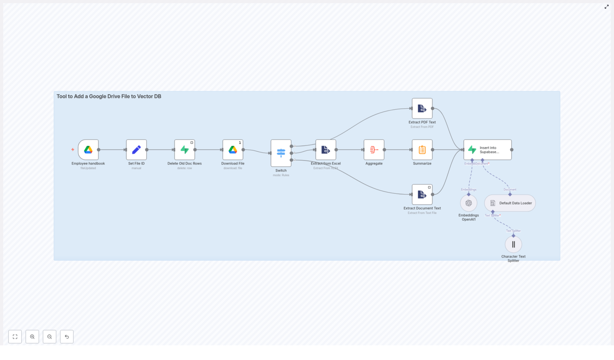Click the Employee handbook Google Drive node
tap(88, 150)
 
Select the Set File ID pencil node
tap(136, 150)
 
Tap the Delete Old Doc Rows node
tap(185, 150)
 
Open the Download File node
tap(233, 150)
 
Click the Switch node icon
tap(281, 153)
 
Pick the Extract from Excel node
tap(325, 150)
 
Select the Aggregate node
tap(374, 150)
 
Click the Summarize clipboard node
tap(422, 150)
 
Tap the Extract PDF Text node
tap(422, 109)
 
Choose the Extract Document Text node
tap(422, 195)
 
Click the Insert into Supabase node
tap(487, 150)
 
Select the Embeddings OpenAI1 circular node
tap(469, 203)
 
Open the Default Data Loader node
tap(510, 203)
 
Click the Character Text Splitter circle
tap(513, 244)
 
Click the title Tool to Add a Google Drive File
tap(109, 96)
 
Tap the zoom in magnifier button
tap(32, 337)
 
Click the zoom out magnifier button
tap(50, 337)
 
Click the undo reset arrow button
tap(67, 337)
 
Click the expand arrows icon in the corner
tap(606, 7)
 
